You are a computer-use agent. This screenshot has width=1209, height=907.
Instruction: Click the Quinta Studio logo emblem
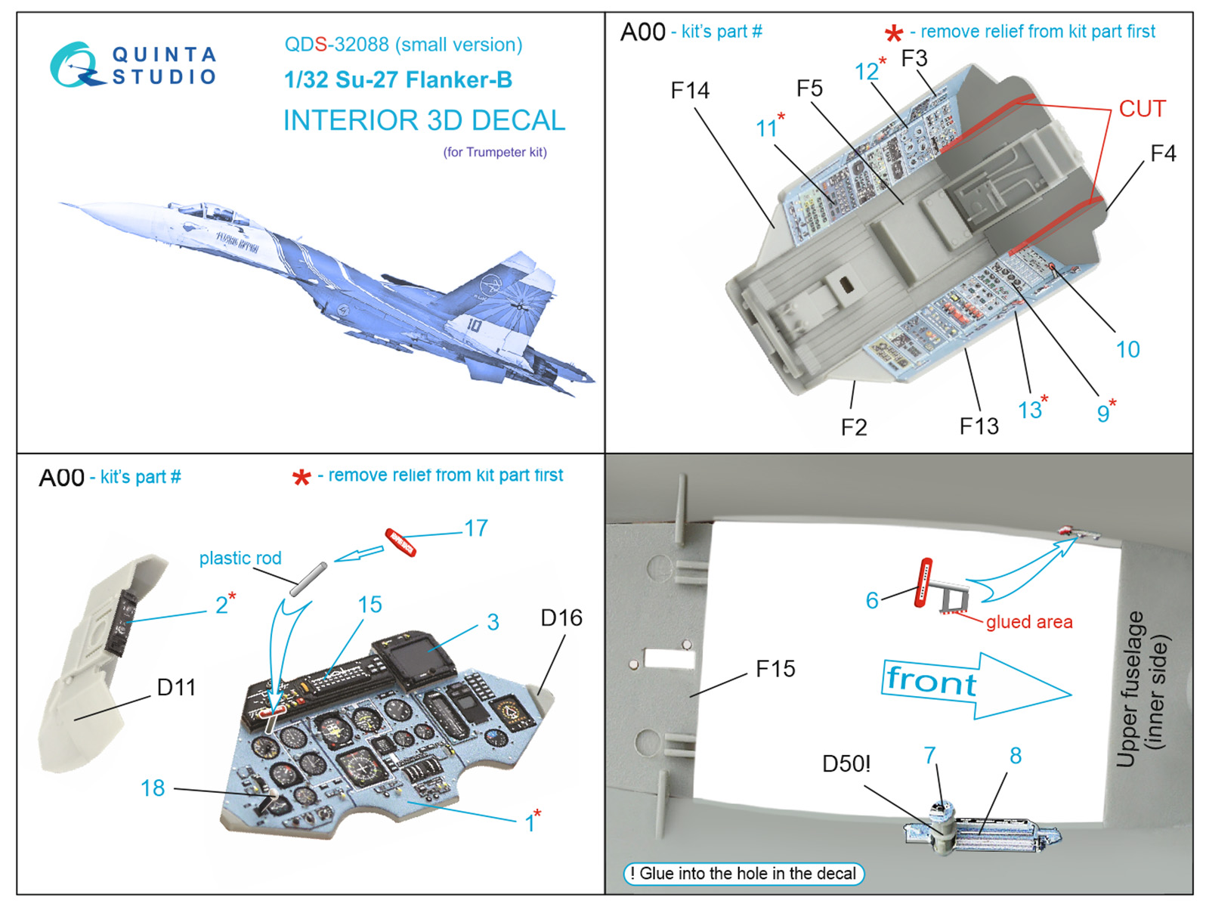[x=76, y=65]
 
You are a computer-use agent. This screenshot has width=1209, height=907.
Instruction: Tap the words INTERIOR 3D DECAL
[x=424, y=120]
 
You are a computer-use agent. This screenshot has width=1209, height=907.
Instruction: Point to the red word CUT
[x=1142, y=109]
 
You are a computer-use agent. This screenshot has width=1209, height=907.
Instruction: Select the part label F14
[x=690, y=91]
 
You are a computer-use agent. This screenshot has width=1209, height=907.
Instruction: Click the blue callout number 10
[x=1127, y=349]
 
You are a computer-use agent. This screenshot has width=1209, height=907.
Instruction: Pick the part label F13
[x=979, y=426]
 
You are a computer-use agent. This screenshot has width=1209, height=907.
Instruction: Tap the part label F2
[x=854, y=427]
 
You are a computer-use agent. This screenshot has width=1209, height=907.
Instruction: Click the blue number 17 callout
[x=476, y=528]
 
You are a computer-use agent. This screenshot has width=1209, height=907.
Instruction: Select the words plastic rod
[x=240, y=558]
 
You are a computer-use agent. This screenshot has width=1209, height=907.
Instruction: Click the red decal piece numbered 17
[x=400, y=542]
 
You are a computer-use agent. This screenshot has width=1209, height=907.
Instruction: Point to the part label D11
[x=176, y=687]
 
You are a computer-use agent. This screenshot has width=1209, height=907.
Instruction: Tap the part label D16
[x=561, y=618]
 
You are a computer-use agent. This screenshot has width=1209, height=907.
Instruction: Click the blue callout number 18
[x=153, y=788]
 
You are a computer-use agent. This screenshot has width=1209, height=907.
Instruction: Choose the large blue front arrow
[x=975, y=685]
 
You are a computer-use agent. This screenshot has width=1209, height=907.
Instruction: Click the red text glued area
[x=1028, y=622]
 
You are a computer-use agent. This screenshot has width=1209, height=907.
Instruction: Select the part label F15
[x=775, y=669]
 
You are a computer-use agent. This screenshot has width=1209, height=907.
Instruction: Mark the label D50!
[x=846, y=764]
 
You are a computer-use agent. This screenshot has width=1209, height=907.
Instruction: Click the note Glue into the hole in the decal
[x=744, y=874]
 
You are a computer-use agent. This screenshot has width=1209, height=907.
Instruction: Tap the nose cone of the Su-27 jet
[x=72, y=205]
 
